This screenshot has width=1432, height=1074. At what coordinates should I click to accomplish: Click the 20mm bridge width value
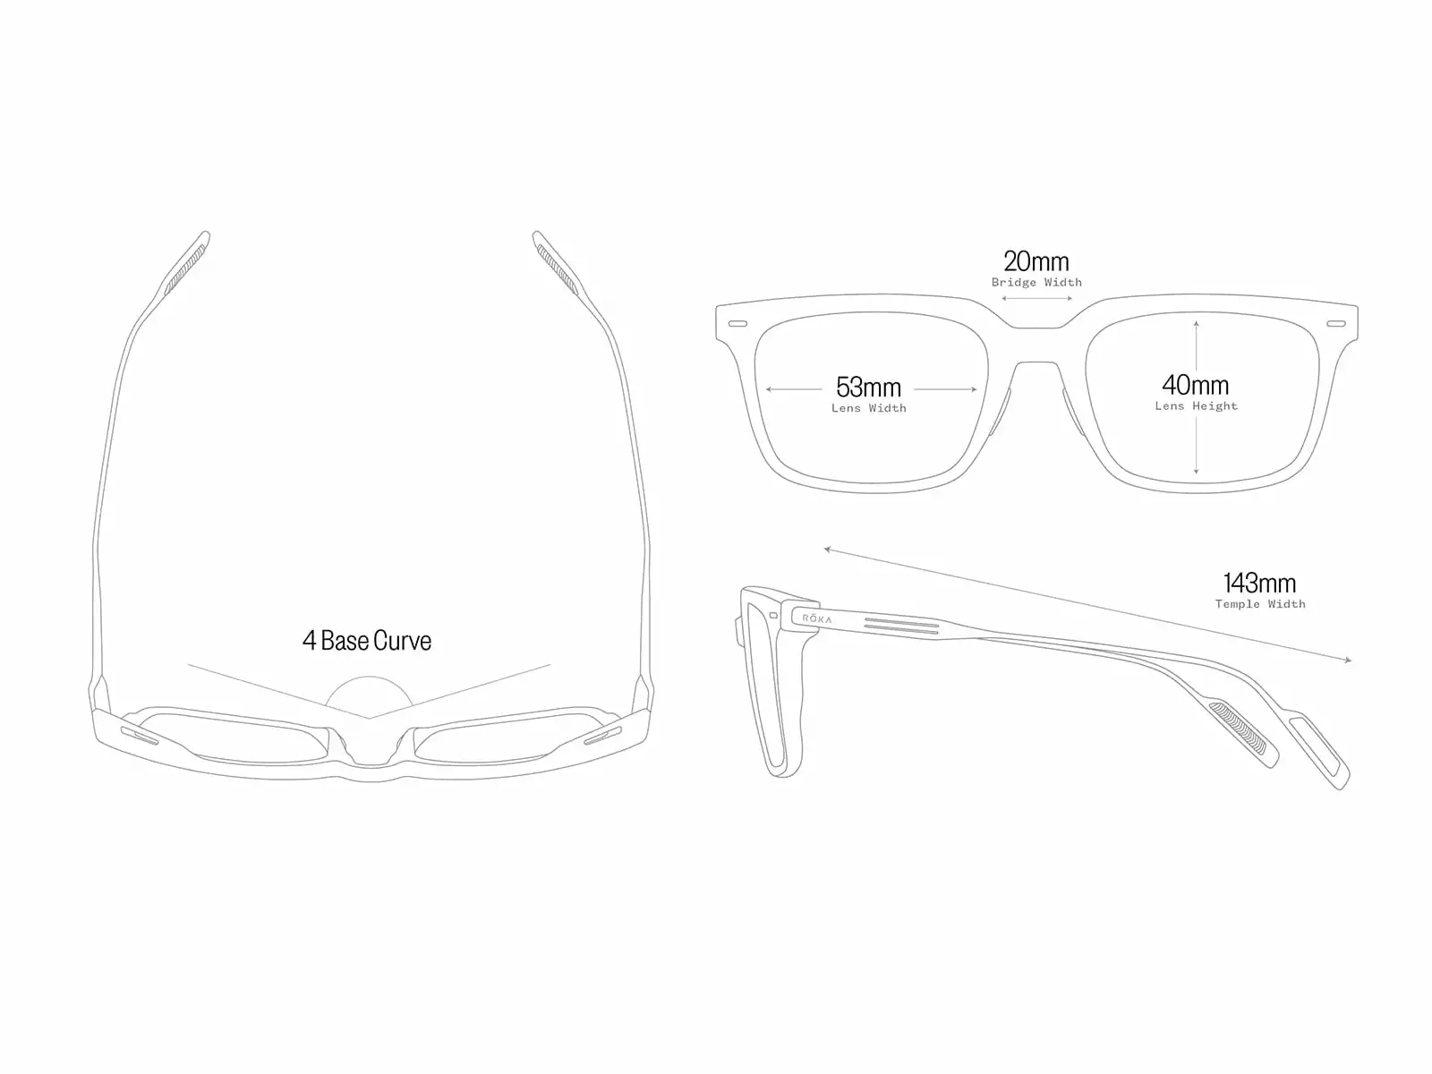(1036, 261)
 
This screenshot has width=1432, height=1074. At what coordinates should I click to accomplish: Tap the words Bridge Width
(1036, 283)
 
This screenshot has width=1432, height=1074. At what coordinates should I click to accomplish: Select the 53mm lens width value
(868, 388)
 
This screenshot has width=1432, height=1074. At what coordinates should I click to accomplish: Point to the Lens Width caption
(868, 409)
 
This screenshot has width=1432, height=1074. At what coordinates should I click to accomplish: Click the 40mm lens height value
(1196, 386)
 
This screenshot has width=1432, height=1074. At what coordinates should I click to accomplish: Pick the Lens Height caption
(1196, 406)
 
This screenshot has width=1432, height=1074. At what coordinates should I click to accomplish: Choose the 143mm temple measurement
(1259, 584)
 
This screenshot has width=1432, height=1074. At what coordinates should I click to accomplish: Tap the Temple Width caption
(1259, 605)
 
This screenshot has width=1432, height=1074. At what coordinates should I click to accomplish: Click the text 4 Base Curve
(367, 641)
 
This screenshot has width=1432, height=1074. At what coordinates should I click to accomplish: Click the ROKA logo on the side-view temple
(816, 618)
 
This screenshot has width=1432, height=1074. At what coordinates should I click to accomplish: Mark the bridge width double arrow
(1036, 298)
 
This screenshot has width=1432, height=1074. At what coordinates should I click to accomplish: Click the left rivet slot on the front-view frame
(738, 323)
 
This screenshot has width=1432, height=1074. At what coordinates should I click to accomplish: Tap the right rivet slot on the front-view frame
(1335, 323)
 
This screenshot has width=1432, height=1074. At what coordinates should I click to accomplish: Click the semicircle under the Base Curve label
(369, 695)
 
